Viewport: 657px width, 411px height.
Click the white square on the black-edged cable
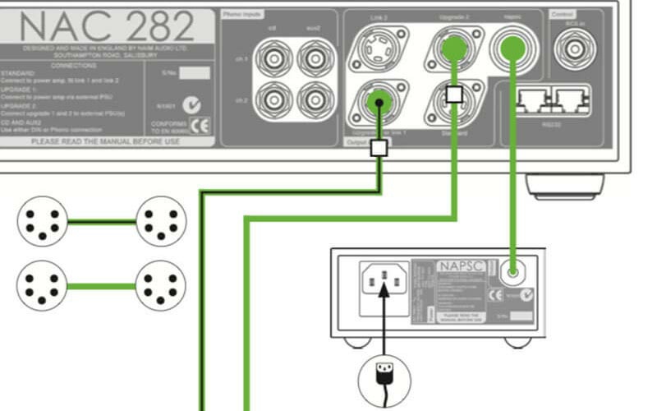[379, 148]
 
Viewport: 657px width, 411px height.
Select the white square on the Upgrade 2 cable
[453, 93]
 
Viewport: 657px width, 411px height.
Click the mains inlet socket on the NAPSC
[382, 284]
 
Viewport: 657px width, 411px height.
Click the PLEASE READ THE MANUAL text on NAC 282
[105, 141]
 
